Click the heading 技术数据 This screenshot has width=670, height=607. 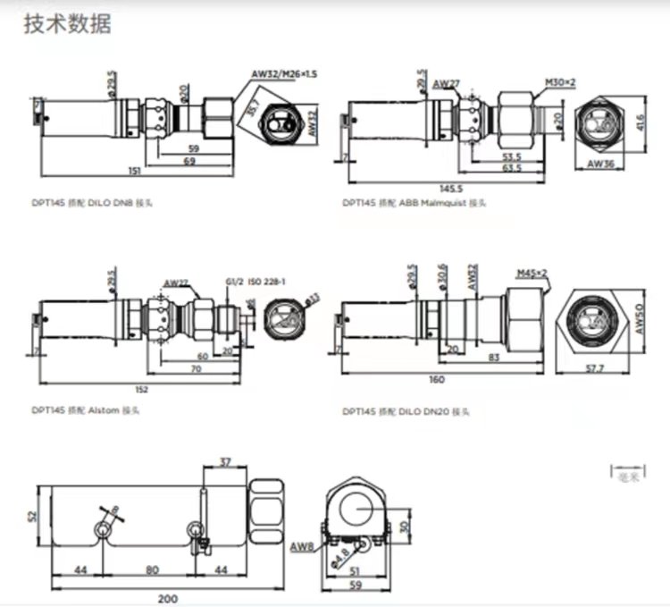[67, 24]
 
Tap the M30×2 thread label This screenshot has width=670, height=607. [560, 82]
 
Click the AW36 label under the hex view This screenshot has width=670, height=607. [602, 165]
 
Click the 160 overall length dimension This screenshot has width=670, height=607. [435, 381]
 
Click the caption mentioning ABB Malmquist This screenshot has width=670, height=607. [415, 204]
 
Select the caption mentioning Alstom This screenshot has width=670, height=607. [86, 411]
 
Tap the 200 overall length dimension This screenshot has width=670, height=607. [169, 599]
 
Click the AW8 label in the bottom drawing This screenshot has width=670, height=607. [301, 546]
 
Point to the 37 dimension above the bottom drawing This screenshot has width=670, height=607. [224, 462]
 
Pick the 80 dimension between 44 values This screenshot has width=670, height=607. [153, 569]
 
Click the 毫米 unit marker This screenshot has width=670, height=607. [629, 476]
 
